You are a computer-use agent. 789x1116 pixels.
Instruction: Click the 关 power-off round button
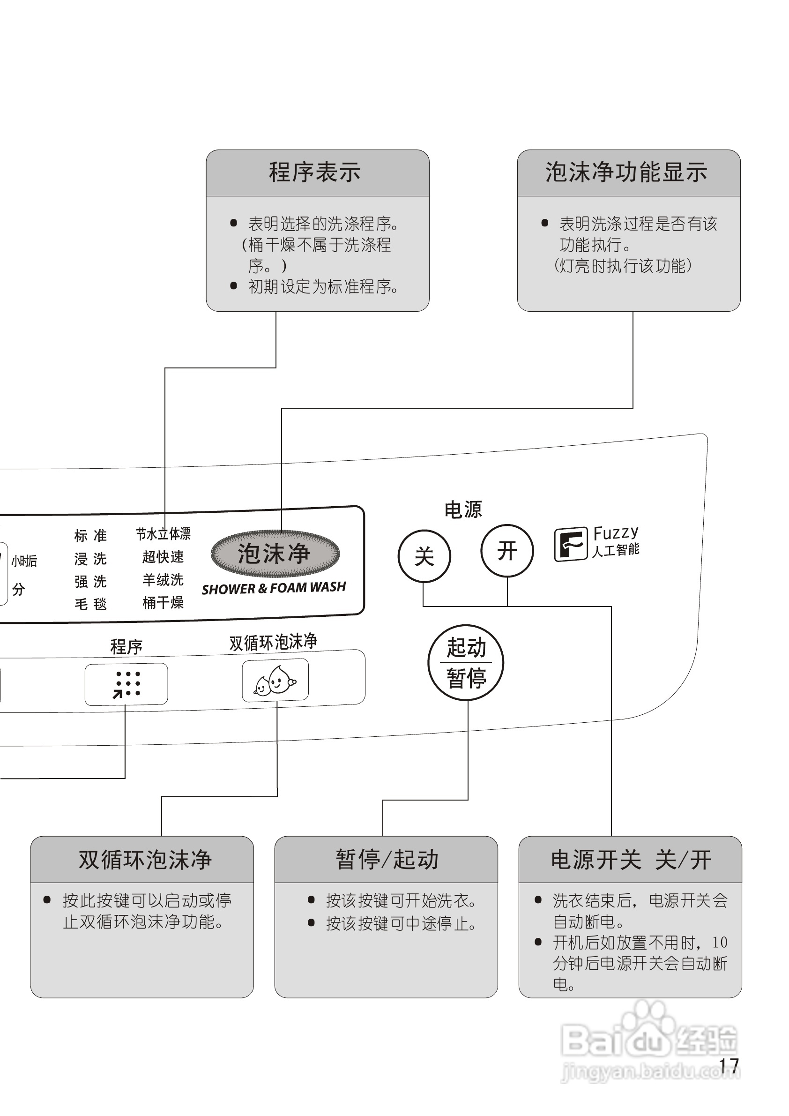pos(424,555)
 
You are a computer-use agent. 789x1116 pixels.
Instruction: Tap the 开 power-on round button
pos(507,551)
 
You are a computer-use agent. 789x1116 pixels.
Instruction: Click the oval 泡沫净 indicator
pos(275,554)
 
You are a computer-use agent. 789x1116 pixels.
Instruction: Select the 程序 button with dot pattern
pos(127,684)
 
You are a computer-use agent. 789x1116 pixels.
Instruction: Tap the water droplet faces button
pos(275,680)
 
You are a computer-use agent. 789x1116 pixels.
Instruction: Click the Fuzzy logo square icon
pos(570,544)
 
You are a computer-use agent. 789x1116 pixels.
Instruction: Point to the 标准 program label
pos(90,536)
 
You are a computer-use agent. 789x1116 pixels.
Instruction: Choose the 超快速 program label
pos(163,556)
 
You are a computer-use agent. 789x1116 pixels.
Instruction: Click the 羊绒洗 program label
pos(163,579)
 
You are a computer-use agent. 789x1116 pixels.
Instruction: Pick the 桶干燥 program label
pos(163,603)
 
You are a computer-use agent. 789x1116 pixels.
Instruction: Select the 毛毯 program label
pos(90,604)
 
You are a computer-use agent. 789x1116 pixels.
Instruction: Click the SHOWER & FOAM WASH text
pos(274,588)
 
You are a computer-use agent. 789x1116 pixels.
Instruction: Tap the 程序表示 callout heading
pos(315,172)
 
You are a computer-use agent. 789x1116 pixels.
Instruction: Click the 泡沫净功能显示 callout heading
pos(626,172)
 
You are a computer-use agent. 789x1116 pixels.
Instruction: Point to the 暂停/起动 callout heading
pos(387,859)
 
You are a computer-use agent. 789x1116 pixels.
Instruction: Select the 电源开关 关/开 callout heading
pos(631,859)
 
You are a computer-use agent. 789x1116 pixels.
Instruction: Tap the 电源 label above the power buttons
pos(463,510)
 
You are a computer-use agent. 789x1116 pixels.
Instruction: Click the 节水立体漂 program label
pos(163,534)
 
